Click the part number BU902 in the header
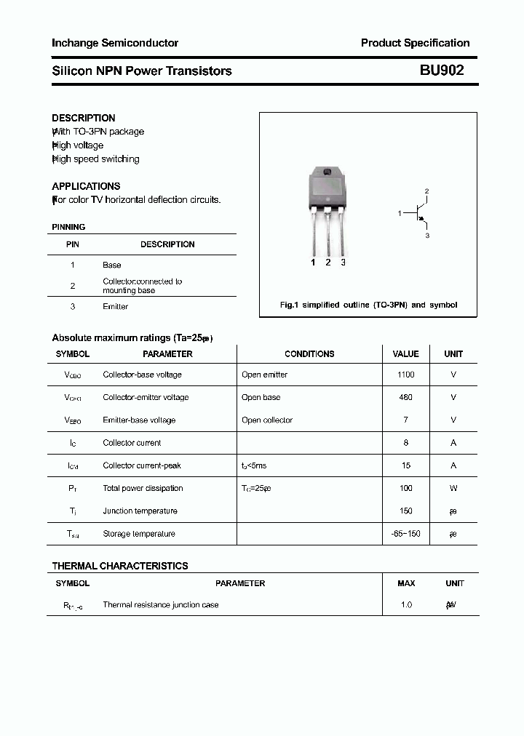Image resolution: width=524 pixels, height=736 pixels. tap(441, 71)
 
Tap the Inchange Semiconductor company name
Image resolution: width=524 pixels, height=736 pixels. tap(115, 43)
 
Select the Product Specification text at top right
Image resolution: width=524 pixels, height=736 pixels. tap(415, 43)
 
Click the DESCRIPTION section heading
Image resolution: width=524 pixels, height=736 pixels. tap(84, 118)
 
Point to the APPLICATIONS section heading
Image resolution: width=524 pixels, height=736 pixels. tap(86, 186)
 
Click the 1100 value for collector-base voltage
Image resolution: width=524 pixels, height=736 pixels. tap(405, 375)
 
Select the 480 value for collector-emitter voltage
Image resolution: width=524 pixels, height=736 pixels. tap(405, 397)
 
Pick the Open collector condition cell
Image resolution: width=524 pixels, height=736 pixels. tap(267, 420)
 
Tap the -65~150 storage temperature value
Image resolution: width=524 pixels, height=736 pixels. tap(405, 534)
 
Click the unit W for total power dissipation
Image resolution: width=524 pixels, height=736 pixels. tap(453, 488)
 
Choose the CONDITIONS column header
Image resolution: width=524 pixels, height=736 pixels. tap(309, 354)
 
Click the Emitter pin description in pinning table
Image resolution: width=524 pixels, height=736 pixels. tap(115, 307)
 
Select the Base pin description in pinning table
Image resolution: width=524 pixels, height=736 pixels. tap(111, 265)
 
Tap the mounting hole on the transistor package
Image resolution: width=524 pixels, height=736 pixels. tap(327, 172)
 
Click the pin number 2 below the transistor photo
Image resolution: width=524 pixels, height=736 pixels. tap(328, 263)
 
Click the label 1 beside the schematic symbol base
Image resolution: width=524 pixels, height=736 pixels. tap(400, 213)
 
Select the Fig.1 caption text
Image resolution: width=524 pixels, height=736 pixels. tap(368, 305)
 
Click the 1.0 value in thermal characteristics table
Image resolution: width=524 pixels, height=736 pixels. tap(405, 605)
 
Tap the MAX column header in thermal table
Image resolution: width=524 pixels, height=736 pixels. tap(406, 583)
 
